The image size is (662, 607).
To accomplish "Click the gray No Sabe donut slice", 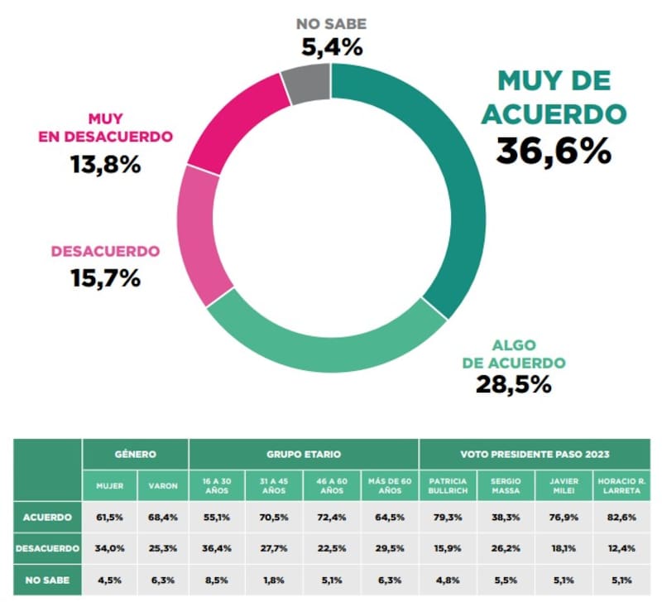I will (306, 84).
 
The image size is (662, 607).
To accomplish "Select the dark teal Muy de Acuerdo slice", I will (448, 190).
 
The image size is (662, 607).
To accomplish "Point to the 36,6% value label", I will (554, 151).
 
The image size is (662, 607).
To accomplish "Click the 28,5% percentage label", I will (513, 384).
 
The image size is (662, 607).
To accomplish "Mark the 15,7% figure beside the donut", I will (105, 278).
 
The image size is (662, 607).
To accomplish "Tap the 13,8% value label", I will (105, 164).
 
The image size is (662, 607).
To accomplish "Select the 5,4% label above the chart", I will (331, 47).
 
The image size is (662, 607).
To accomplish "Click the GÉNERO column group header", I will (136, 455).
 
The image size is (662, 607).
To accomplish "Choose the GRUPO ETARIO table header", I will (304, 455).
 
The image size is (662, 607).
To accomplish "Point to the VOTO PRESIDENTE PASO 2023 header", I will (535, 455).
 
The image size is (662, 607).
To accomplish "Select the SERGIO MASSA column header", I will (506, 485).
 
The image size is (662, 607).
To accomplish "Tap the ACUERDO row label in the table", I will (47, 518).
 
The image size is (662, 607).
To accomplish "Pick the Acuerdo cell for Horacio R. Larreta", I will (621, 518).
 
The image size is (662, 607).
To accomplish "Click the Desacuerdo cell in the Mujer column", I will (109, 548).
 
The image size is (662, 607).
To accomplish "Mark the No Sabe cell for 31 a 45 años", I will (275, 580).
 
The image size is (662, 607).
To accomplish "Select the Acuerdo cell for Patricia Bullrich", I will (448, 518).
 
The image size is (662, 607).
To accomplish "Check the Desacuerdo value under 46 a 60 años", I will (332, 548).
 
